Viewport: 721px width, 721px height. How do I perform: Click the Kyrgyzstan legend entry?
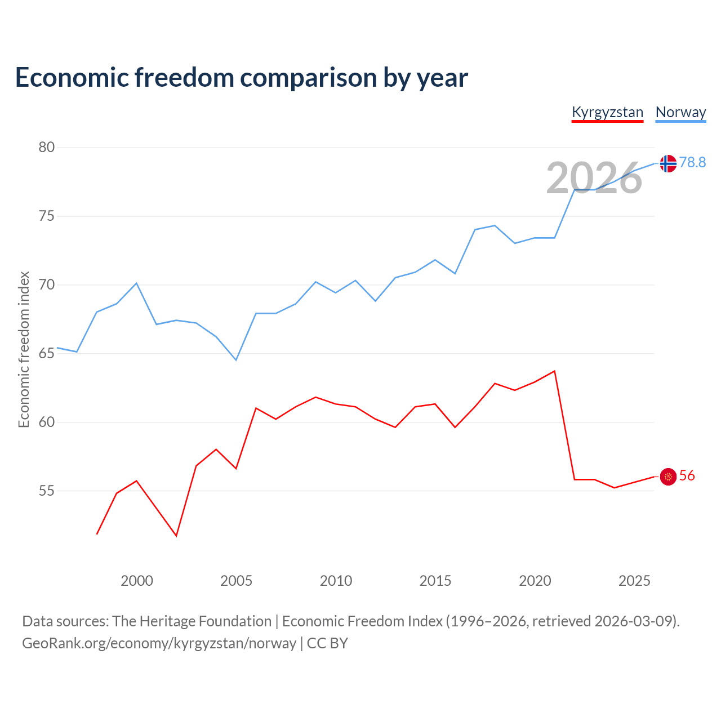pyautogui.click(x=607, y=112)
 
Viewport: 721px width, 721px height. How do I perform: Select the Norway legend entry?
pyautogui.click(x=680, y=112)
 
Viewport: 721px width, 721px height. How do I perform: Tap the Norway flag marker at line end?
pyautogui.click(x=668, y=163)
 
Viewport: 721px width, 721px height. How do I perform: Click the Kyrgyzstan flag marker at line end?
pyautogui.click(x=668, y=477)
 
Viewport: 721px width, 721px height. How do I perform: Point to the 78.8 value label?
pyautogui.click(x=692, y=162)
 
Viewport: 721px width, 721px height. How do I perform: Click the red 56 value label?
pyautogui.click(x=687, y=476)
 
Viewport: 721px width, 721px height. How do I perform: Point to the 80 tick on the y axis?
pyautogui.click(x=46, y=148)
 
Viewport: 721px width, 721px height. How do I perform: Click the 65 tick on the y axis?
pyautogui.click(x=46, y=354)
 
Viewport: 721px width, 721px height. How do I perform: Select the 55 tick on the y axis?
pyautogui.click(x=46, y=491)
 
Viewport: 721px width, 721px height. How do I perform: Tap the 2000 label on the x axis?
pyautogui.click(x=137, y=581)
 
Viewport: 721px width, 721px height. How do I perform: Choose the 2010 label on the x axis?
pyautogui.click(x=336, y=581)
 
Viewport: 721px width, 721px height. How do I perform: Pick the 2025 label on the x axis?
pyautogui.click(x=634, y=581)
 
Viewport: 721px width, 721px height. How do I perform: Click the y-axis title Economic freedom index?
pyautogui.click(x=24, y=349)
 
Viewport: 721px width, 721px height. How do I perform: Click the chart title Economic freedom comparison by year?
pyautogui.click(x=242, y=77)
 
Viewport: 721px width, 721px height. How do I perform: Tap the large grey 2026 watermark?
pyautogui.click(x=594, y=178)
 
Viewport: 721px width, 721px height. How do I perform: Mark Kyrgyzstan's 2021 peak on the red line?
pyautogui.click(x=555, y=371)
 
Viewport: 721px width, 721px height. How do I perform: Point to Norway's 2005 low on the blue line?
pyautogui.click(x=236, y=360)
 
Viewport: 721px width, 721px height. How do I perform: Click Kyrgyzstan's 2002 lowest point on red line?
pyautogui.click(x=176, y=536)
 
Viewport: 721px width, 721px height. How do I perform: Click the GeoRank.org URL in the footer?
pyautogui.click(x=159, y=643)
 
